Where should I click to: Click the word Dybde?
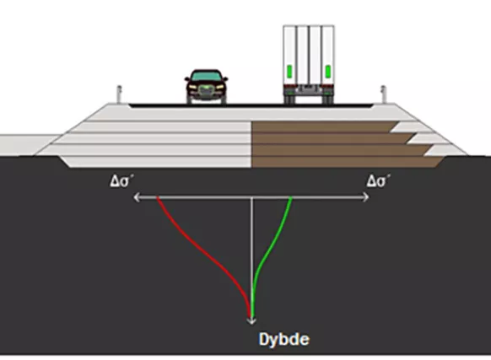pyautogui.click(x=284, y=339)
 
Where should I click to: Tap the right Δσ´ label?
pyautogui.click(x=379, y=181)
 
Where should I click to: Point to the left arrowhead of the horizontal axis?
pyautogui.click(x=137, y=197)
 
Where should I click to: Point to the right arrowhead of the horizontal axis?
pyautogui.click(x=366, y=197)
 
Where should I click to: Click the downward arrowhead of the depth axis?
pyautogui.click(x=251, y=321)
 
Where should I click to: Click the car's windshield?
pyautogui.click(x=206, y=76)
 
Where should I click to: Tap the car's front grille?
pyautogui.click(x=205, y=90)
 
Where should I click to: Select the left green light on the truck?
pyautogui.click(x=289, y=72)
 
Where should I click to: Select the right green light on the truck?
pyautogui.click(x=328, y=72)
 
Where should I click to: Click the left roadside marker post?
pyautogui.click(x=119, y=94)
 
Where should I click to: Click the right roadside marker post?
pyautogui.click(x=383, y=94)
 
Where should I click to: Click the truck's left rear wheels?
pyautogui.click(x=290, y=99)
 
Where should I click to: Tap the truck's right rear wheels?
pyautogui.click(x=328, y=99)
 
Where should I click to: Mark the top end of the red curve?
pyautogui.click(x=158, y=197)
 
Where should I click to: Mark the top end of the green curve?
pyautogui.click(x=292, y=197)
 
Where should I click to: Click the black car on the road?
pyautogui.click(x=206, y=87)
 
